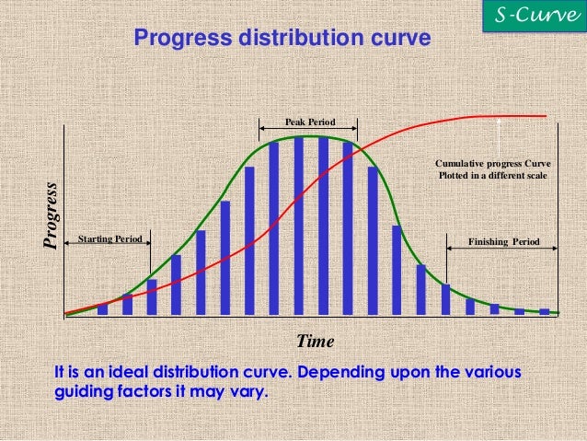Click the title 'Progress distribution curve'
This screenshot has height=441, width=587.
click(x=282, y=39)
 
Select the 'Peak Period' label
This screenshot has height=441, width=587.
click(x=309, y=122)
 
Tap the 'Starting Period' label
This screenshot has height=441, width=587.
click(x=109, y=239)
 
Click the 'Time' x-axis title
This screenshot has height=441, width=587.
click(x=315, y=341)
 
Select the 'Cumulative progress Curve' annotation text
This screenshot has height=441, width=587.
click(x=492, y=164)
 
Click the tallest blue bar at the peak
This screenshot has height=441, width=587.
click(x=299, y=226)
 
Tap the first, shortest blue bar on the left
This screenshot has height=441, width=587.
click(x=102, y=309)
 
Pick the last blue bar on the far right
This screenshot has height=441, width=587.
click(x=544, y=312)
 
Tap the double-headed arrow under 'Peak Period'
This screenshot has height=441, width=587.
click(x=308, y=131)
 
